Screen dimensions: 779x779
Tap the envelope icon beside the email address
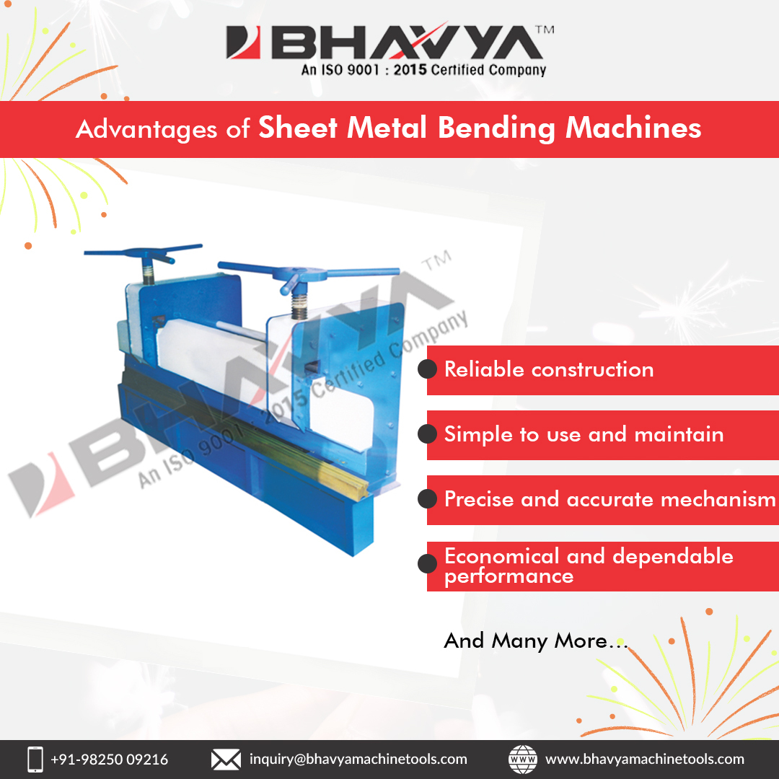[x=225, y=759]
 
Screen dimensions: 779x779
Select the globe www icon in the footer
[x=523, y=759]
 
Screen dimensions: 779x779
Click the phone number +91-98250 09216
[x=109, y=760]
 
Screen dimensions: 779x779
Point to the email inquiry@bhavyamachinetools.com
[x=358, y=760]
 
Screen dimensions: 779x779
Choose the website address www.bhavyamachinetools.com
[x=644, y=760]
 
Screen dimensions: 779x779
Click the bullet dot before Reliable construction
[x=428, y=369]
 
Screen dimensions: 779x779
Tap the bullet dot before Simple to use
[x=428, y=434]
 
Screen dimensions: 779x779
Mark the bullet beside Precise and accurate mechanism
[x=428, y=499]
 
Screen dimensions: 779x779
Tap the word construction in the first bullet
[x=592, y=370]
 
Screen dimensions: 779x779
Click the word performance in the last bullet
[x=509, y=576]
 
